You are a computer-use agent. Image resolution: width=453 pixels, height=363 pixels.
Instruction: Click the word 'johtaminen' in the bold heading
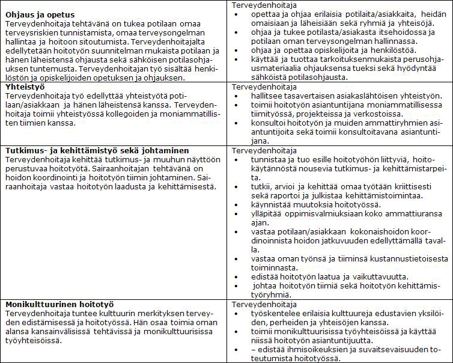click(163, 150)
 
